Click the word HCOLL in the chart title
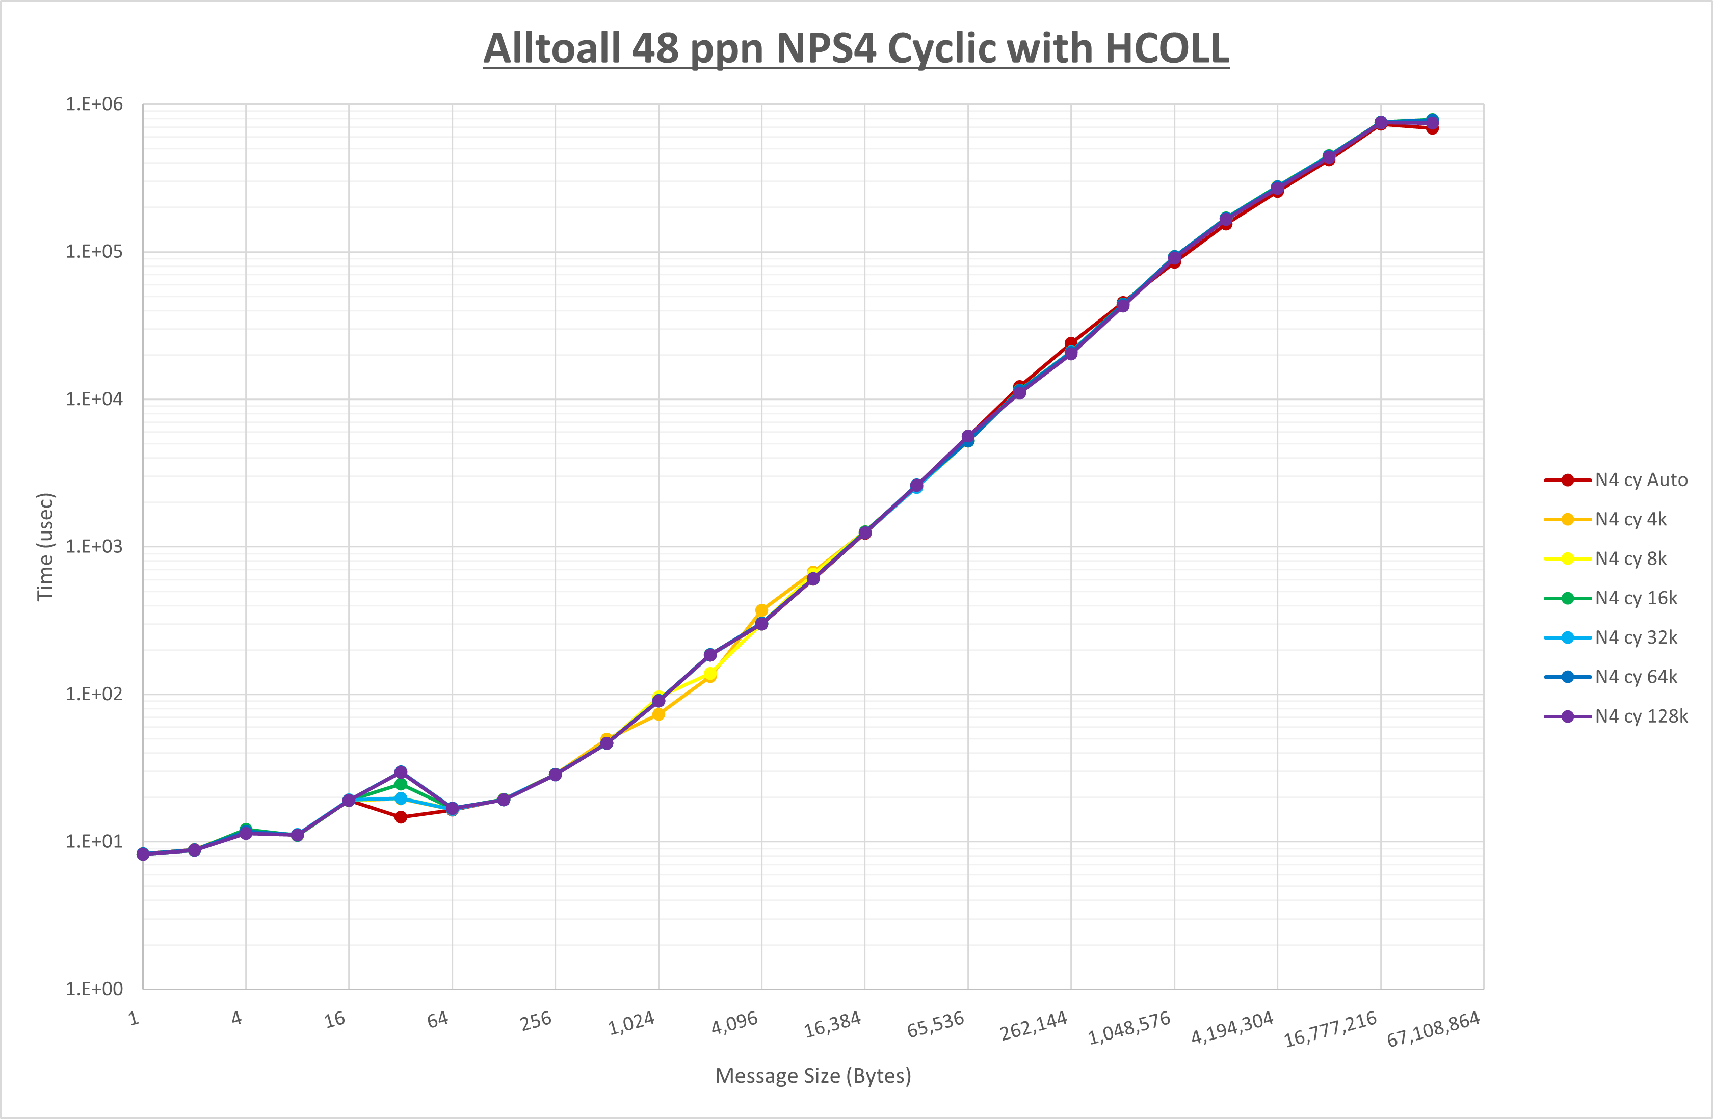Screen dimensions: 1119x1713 (1166, 49)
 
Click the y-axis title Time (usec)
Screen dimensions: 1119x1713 (45, 547)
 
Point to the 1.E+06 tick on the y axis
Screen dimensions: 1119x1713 (94, 104)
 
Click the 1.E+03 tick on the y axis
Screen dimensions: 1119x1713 (94, 547)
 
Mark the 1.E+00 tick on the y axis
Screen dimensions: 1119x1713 (94, 989)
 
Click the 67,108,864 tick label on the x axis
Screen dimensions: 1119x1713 (1432, 1029)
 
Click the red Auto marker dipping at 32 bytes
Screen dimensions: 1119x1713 (401, 817)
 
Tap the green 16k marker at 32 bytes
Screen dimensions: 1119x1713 (401, 784)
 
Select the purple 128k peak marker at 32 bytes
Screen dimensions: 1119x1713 (401, 772)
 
